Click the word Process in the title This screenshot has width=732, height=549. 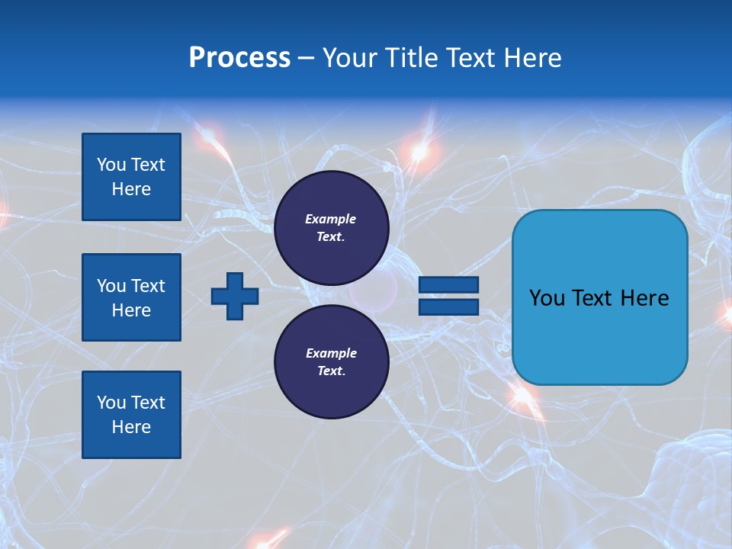[239, 58]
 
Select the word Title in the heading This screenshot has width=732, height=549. [409, 58]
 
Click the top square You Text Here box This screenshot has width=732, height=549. [131, 177]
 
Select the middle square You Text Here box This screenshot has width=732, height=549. [131, 297]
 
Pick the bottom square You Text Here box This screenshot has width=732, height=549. [131, 415]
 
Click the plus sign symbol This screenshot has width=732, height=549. [235, 296]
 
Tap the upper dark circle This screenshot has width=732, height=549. [331, 228]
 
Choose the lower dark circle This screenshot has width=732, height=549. [331, 362]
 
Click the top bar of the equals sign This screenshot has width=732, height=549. [448, 284]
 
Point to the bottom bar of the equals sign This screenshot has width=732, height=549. [448, 307]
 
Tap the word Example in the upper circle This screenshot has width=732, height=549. [330, 219]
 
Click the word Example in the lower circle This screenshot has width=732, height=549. [331, 353]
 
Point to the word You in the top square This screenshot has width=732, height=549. [111, 165]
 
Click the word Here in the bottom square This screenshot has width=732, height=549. [131, 427]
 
